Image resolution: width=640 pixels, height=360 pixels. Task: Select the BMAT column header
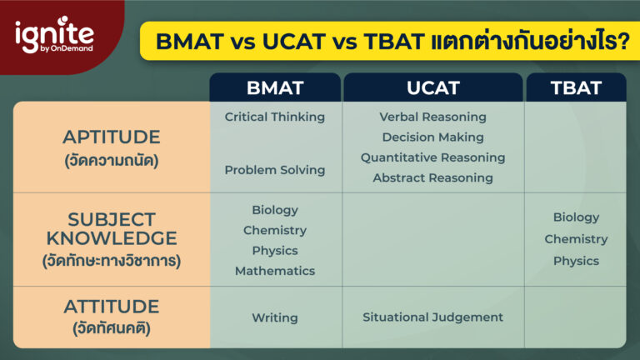point(274,87)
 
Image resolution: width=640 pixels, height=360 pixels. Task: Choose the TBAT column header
point(576,87)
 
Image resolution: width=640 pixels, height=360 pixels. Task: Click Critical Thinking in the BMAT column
point(274,117)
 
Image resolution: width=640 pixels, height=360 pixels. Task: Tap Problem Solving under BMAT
point(274,170)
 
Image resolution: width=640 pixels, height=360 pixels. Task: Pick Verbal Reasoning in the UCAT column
point(432,117)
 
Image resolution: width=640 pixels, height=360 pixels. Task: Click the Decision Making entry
point(432,137)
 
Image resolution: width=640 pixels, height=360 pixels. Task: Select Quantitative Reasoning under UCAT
point(432,157)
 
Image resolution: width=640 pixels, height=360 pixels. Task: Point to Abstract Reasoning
point(432,177)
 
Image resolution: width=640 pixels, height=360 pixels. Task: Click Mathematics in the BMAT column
point(274,271)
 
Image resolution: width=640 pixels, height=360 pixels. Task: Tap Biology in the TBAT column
point(576,217)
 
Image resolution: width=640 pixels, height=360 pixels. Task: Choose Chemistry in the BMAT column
point(274,230)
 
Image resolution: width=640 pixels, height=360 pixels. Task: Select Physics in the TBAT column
point(576,261)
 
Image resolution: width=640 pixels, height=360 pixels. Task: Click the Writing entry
point(274,317)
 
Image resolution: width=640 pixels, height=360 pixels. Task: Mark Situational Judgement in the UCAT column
point(432,317)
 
